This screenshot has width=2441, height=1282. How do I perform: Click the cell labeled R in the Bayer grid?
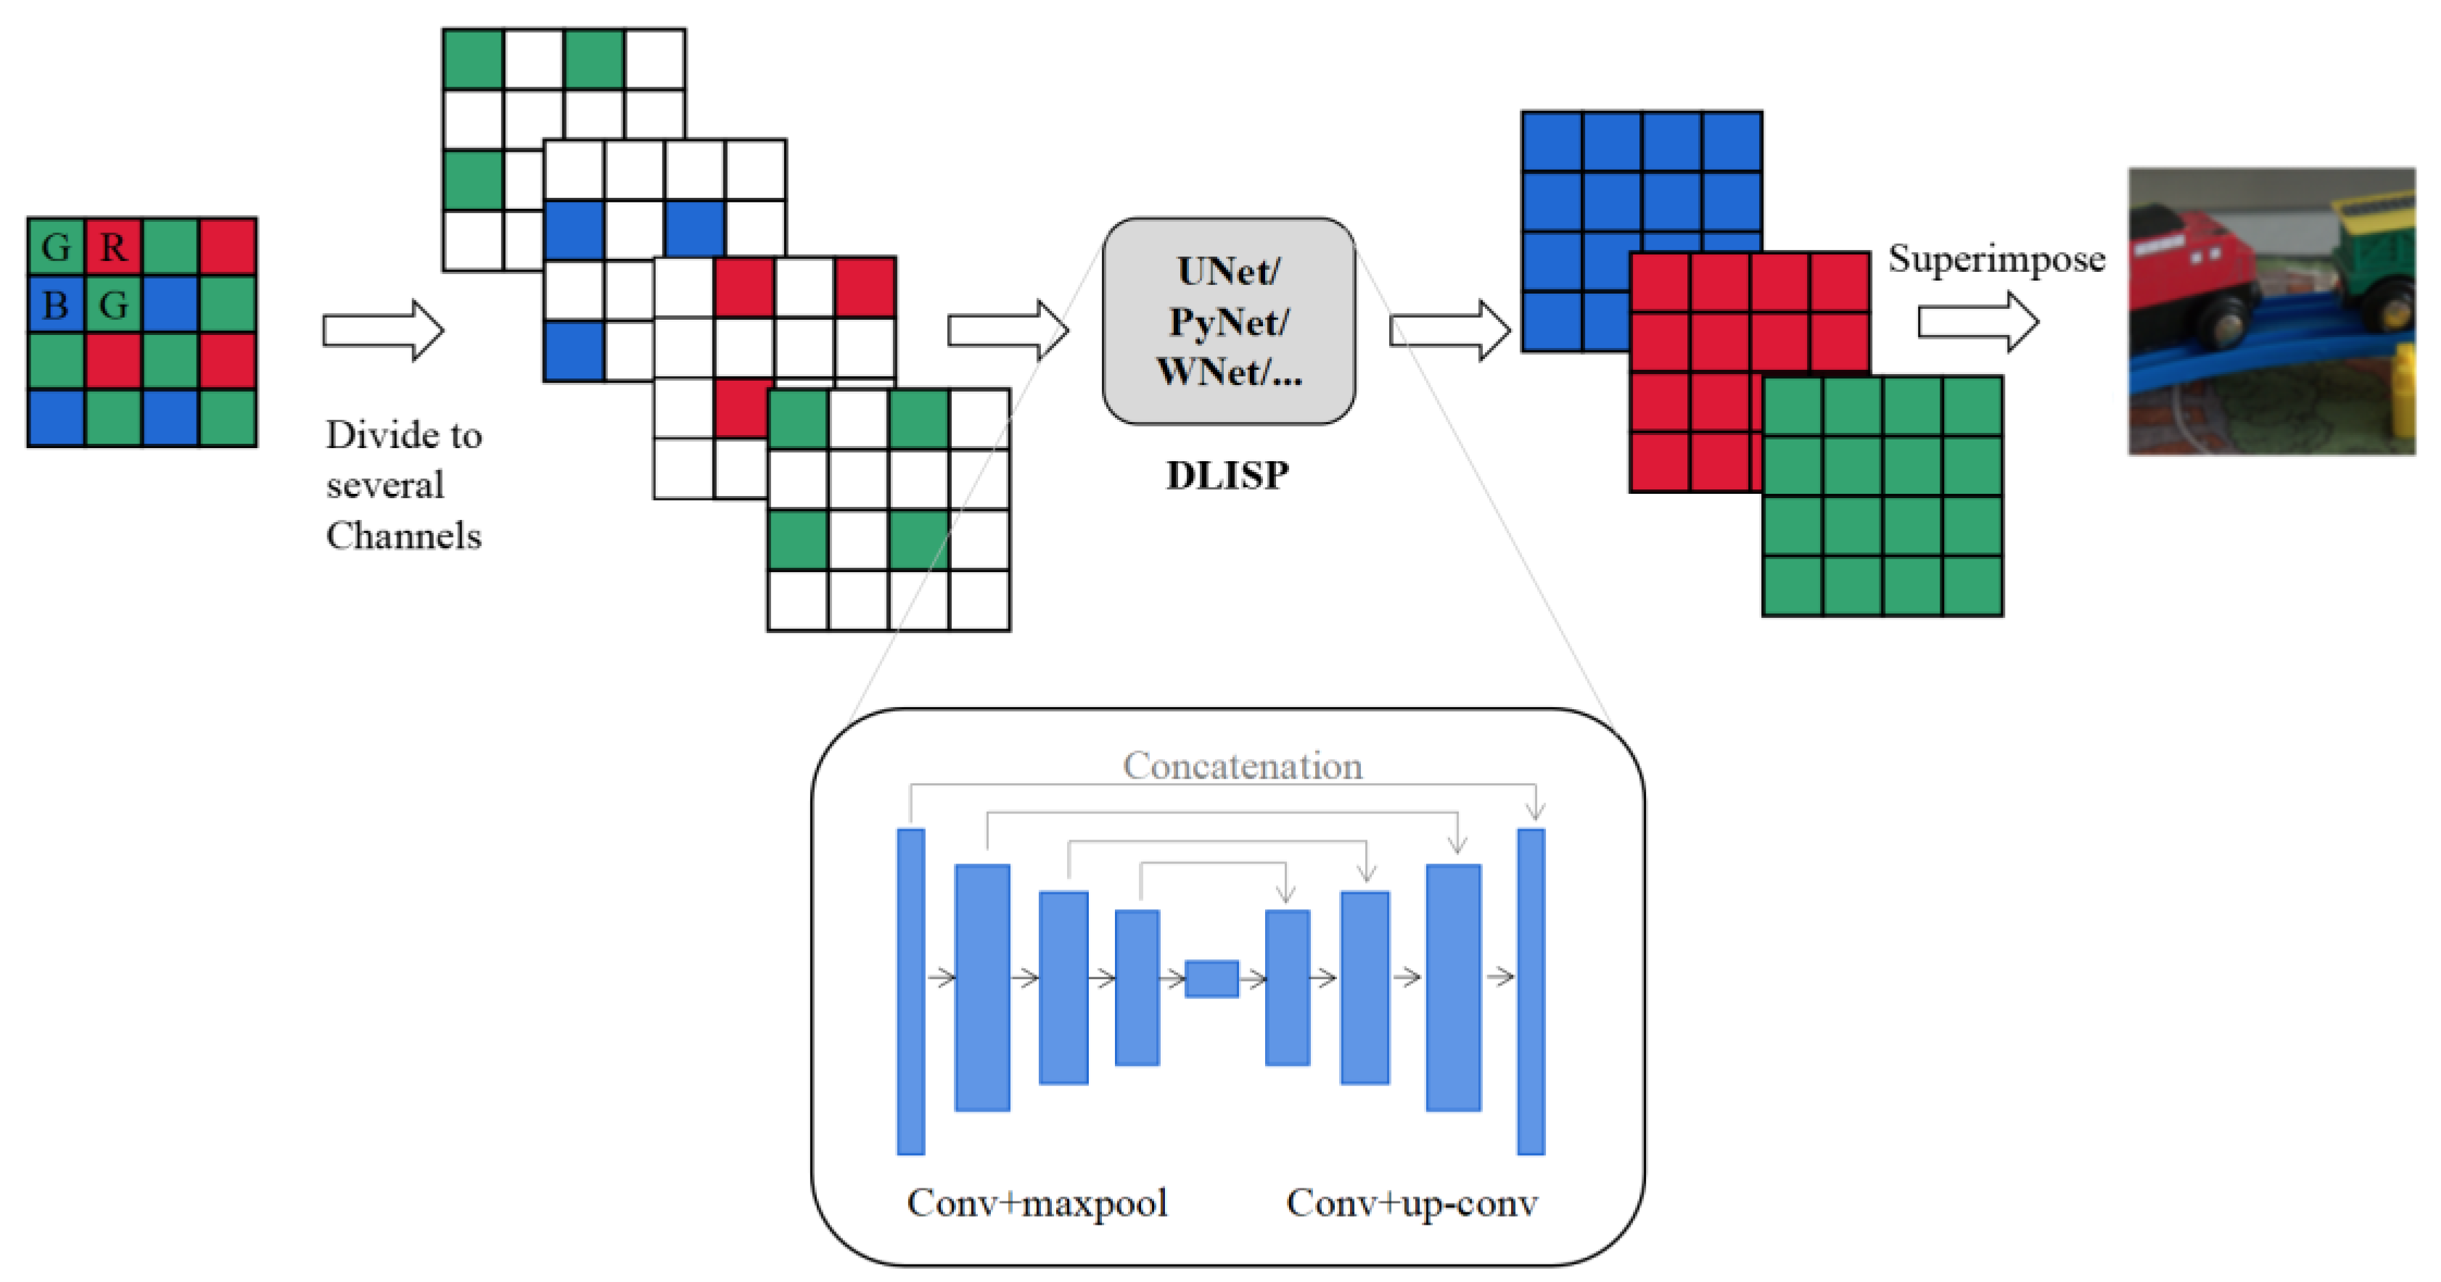(x=112, y=247)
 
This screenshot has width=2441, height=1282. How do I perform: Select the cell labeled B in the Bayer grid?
(x=56, y=304)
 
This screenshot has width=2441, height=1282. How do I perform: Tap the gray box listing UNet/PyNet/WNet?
(x=1228, y=321)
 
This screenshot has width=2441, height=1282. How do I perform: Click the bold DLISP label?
(x=1227, y=476)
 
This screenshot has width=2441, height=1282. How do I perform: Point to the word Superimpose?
(x=1996, y=259)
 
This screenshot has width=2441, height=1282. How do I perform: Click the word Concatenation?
(x=1243, y=766)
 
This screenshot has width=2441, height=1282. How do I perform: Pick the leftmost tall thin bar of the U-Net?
(x=910, y=991)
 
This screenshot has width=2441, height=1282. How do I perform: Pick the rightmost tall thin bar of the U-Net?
(x=1531, y=991)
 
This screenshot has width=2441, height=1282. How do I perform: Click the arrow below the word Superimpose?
(x=1977, y=322)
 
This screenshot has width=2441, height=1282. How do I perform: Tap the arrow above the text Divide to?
(x=383, y=331)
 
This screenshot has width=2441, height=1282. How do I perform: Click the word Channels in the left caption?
(x=403, y=537)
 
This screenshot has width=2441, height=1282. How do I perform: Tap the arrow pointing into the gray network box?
(x=1008, y=331)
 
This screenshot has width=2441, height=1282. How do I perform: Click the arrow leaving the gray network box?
(x=1449, y=331)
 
